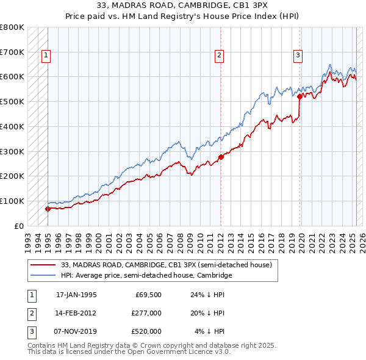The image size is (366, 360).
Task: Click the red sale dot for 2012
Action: tap(221, 157)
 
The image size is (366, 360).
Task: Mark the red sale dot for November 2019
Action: tap(300, 96)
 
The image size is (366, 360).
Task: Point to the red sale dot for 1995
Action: tap(48, 209)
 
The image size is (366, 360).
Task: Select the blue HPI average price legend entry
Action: tap(146, 275)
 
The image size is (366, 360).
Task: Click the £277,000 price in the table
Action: tap(147, 313)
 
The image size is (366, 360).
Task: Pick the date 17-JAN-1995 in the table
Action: tap(76, 295)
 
